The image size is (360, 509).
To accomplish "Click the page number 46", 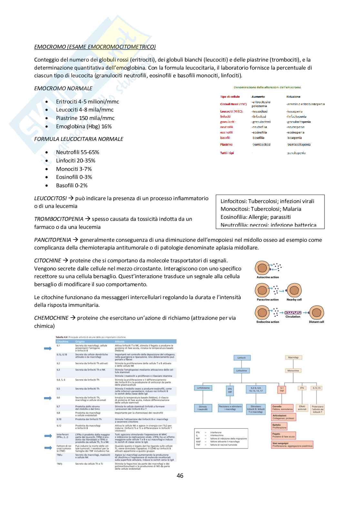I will point(180,475).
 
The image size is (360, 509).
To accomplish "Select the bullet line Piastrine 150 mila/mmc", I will point(85,118).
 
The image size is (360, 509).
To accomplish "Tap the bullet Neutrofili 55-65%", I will point(77,152).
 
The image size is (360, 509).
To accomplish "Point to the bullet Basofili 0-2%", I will point(72,185).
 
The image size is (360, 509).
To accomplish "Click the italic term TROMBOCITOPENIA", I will point(59,219).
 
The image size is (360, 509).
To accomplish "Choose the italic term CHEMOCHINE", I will point(51,318).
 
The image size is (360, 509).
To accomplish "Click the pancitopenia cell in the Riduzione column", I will point(296,153).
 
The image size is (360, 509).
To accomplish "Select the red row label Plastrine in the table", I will point(226,145).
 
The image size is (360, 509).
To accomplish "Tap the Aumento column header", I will point(258,97).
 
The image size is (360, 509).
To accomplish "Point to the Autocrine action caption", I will point(267,277).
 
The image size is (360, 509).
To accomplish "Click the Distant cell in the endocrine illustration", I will point(316,313).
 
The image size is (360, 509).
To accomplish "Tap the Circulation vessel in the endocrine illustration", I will point(293,312).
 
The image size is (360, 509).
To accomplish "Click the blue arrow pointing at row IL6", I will point(48,398).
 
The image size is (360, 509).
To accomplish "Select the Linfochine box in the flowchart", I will point(241,371).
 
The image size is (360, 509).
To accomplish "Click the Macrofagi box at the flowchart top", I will point(293,357).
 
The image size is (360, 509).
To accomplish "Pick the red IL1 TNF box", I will point(282,389).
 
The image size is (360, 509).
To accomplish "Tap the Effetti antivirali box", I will point(302,408).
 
